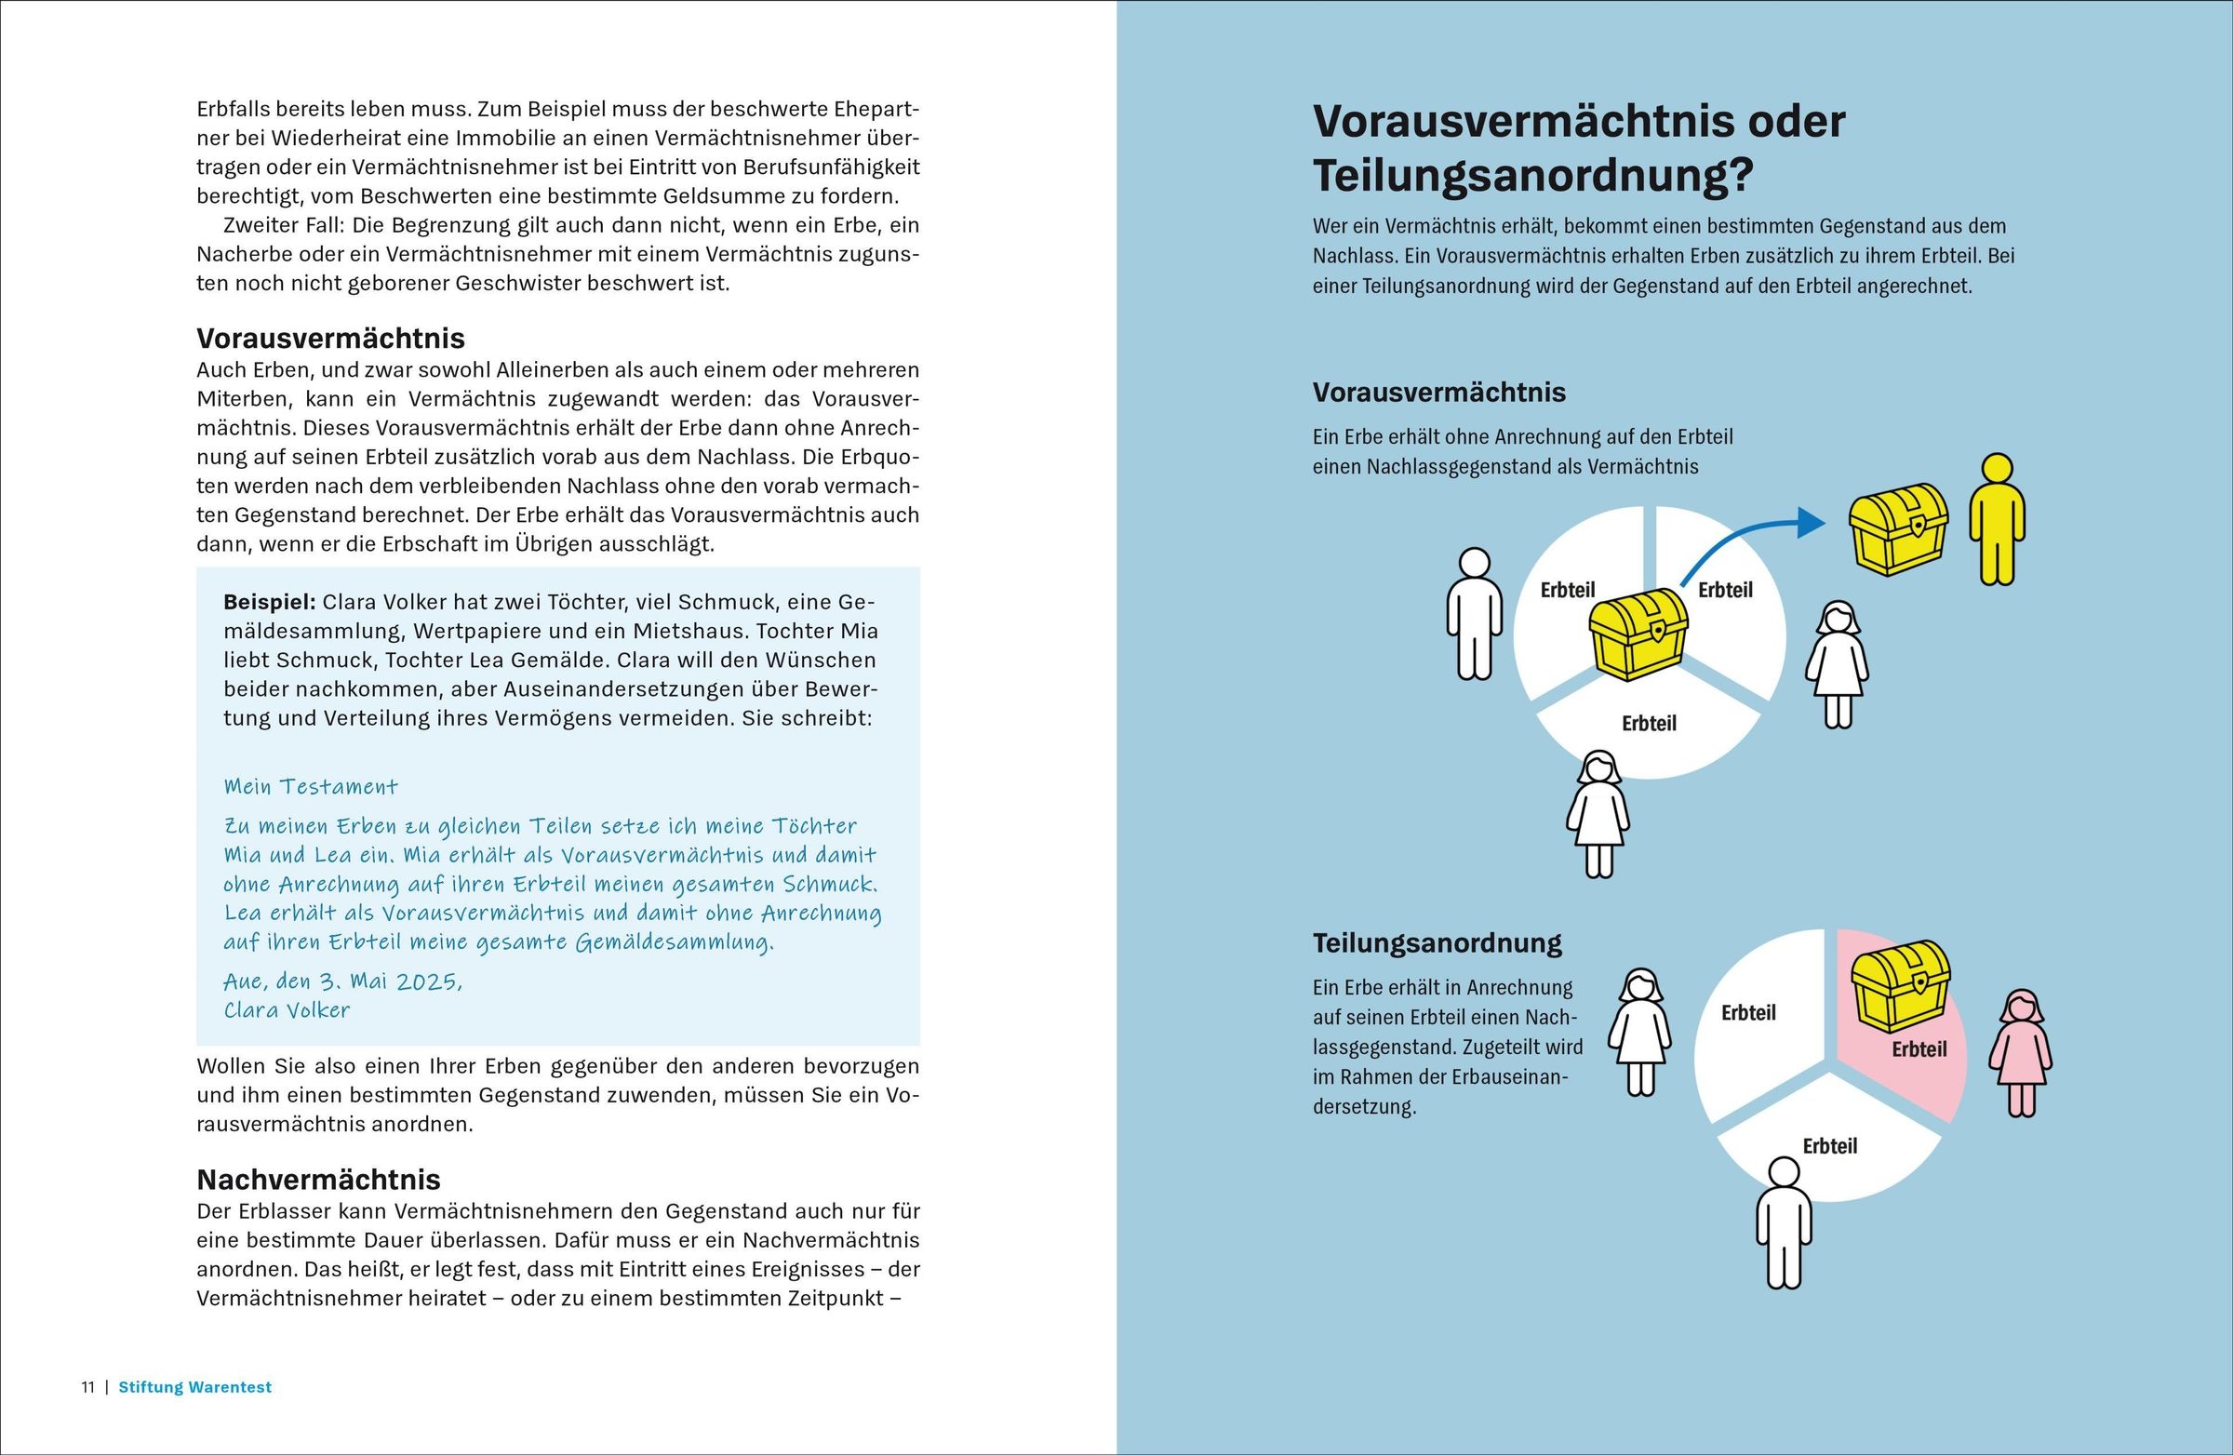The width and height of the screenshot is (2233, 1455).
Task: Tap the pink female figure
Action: pos(2020,1053)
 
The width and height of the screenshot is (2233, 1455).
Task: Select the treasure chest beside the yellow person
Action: pos(1897,528)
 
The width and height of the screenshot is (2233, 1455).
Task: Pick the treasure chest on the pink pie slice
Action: pos(1900,986)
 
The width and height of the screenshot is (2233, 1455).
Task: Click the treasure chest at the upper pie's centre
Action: pos(1638,634)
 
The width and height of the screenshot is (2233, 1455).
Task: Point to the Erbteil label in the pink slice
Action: pos(1919,1048)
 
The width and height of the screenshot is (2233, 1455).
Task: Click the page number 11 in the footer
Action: pos(88,1386)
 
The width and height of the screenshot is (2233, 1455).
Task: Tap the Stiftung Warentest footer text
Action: pos(195,1386)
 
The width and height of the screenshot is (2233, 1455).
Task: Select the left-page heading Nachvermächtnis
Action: pos(319,1180)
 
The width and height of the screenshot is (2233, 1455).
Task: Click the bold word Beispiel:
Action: pos(269,602)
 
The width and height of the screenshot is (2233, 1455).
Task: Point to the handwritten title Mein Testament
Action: pos(311,786)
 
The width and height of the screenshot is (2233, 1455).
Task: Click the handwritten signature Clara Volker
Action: pos(287,1010)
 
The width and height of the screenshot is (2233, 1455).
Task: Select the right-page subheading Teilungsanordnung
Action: pos(1437,942)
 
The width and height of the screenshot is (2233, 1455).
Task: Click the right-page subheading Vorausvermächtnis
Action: pos(1439,393)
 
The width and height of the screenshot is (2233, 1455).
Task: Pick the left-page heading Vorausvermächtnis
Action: pos(330,338)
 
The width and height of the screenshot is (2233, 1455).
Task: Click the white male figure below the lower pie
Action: pos(1784,1221)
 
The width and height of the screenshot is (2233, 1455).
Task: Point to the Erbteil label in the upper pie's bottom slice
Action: pos(1649,723)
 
